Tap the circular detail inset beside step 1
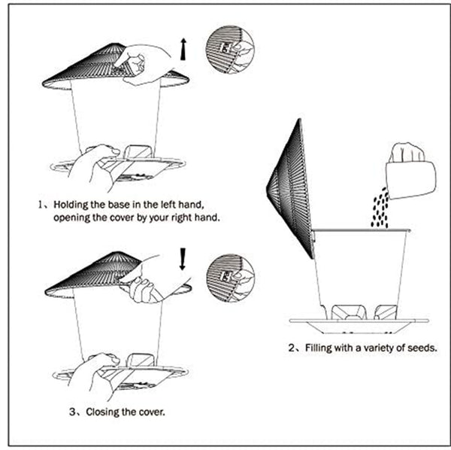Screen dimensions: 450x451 pos(229,49)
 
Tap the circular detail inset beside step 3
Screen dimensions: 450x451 pos(229,278)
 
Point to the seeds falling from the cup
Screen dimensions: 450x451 pos(380,208)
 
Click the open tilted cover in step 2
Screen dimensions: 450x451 pos(290,188)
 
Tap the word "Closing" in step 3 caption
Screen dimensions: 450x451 pos(106,412)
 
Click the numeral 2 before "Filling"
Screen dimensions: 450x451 pos(292,348)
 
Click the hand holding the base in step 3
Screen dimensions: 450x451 pos(90,375)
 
